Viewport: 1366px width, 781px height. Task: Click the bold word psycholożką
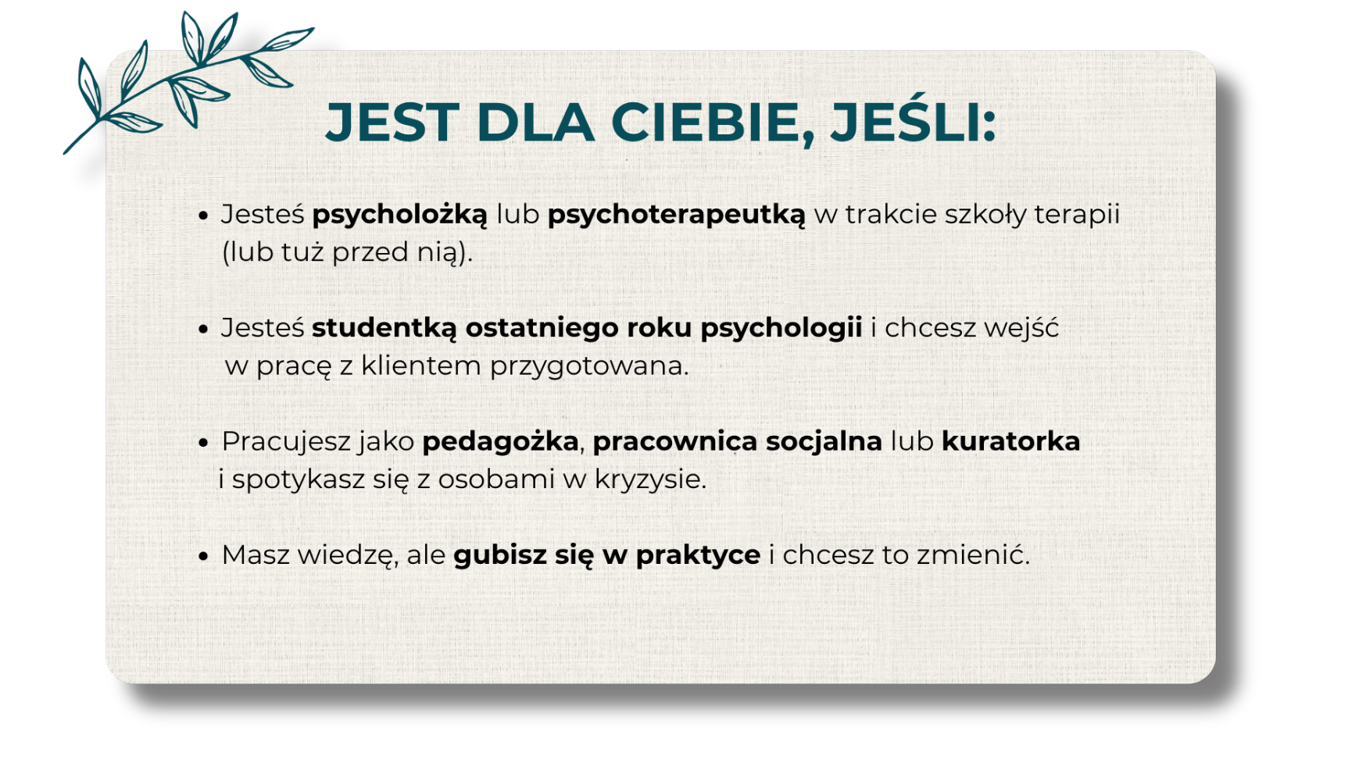[x=399, y=215]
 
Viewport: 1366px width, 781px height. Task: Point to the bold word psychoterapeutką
[x=676, y=215]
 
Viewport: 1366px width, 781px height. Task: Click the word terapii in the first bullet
[x=1077, y=215]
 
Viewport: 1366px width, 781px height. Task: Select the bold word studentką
[x=384, y=328]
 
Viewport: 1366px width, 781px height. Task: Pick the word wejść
[x=1021, y=327]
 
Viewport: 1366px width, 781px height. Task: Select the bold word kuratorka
[x=1010, y=441]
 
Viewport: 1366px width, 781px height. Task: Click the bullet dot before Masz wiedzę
[x=204, y=556]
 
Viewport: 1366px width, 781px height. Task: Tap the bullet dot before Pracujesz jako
[x=204, y=443]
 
